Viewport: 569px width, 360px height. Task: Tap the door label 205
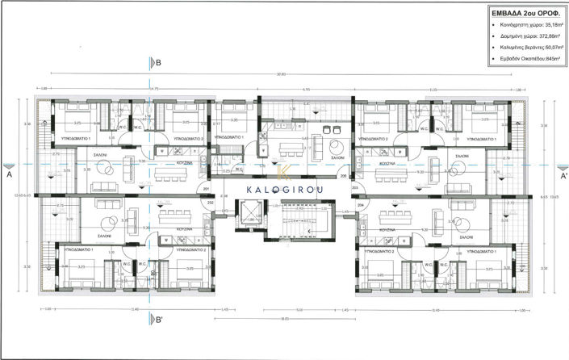pyautogui.click(x=342, y=176)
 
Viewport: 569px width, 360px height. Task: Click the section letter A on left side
pyautogui.click(x=9, y=174)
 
